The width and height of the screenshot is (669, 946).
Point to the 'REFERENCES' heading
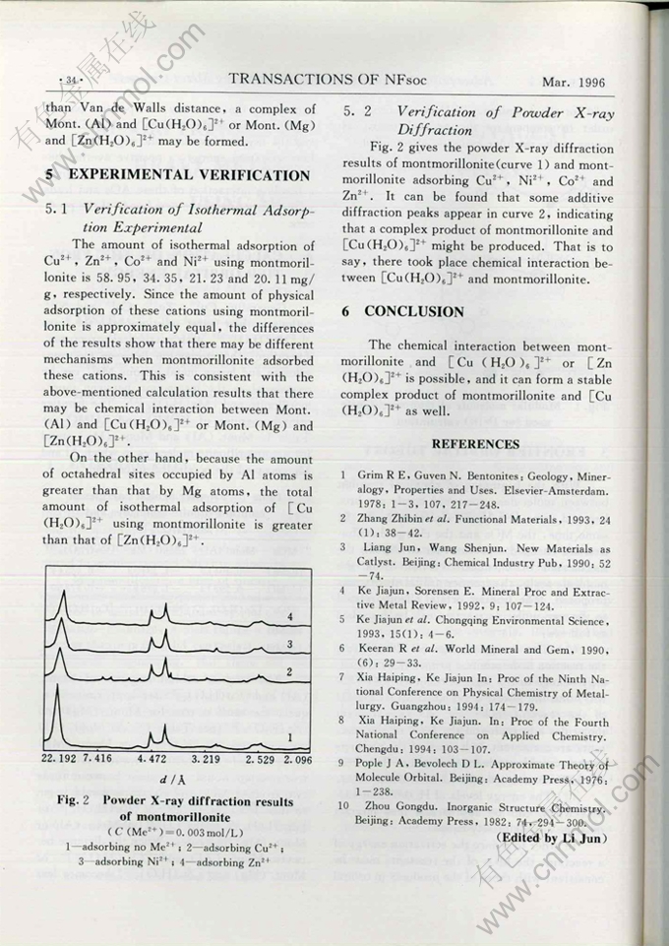[x=476, y=445]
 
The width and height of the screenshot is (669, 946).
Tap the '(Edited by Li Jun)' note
[x=554, y=838]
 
